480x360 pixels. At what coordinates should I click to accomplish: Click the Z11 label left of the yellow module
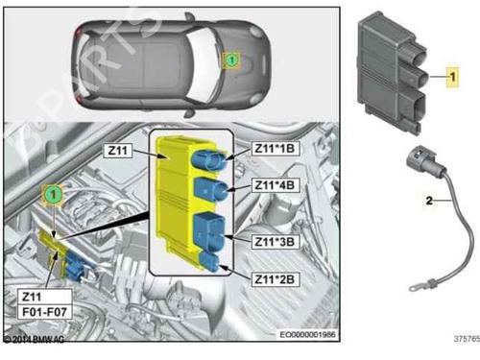point(119,150)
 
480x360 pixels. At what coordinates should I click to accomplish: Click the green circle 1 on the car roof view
point(230,60)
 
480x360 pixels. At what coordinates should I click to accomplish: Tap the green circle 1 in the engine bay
point(55,195)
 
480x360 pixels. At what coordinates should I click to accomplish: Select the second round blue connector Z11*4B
point(209,186)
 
